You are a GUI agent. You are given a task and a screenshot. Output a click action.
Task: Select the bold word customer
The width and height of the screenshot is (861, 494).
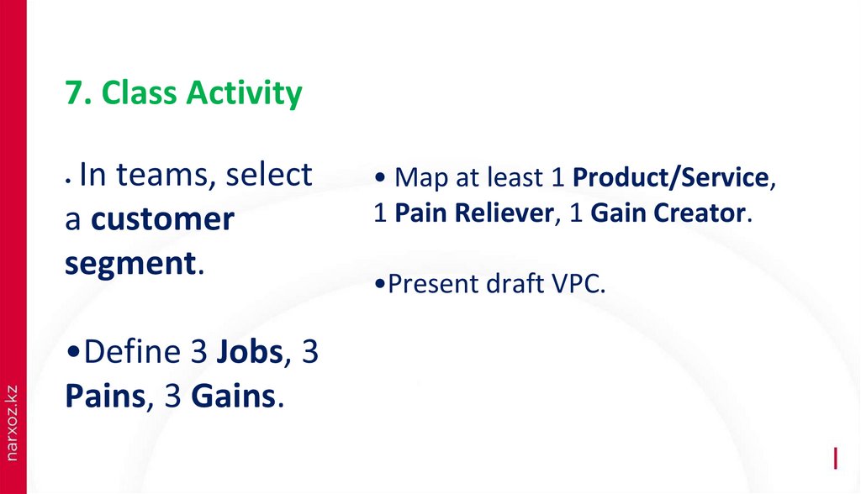[x=162, y=218]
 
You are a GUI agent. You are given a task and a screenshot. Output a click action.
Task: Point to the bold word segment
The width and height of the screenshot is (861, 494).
[x=130, y=264]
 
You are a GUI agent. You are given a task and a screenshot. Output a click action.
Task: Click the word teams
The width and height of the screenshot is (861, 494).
[x=161, y=175]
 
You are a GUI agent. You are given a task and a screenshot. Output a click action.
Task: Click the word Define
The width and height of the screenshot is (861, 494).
[x=132, y=351]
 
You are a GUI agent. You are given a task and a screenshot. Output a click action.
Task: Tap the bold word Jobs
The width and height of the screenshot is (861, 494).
[x=249, y=351]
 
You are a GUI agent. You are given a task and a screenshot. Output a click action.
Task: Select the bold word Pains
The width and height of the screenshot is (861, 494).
[x=105, y=396]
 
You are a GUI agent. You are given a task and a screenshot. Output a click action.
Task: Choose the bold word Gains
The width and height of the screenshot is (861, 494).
[x=234, y=396]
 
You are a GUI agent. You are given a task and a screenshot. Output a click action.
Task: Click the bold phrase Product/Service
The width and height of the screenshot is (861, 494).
[x=670, y=177]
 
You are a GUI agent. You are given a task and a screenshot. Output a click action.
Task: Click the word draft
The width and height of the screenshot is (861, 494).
[x=515, y=283]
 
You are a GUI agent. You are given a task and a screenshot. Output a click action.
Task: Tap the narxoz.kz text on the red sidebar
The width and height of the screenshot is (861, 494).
[x=12, y=423]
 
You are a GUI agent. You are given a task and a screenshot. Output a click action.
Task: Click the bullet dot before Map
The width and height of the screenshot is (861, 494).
[x=380, y=177]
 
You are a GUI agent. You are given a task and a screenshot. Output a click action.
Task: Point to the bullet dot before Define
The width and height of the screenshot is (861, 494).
[x=73, y=351]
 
